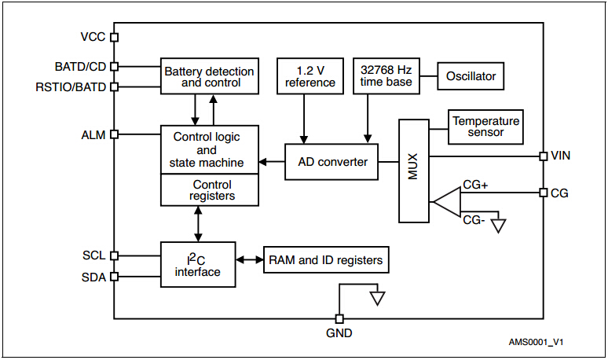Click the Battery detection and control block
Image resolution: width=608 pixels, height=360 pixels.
pyautogui.click(x=209, y=76)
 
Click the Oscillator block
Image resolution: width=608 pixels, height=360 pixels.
pyautogui.click(x=471, y=76)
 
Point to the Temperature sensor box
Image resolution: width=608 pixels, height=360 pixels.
pyautogui.click(x=485, y=127)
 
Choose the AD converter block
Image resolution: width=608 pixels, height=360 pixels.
pyautogui.click(x=332, y=162)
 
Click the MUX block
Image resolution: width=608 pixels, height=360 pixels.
pyautogui.click(x=414, y=171)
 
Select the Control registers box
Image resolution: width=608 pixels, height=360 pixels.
pyautogui.click(x=209, y=190)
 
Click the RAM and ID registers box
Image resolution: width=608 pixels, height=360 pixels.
pyautogui.click(x=325, y=260)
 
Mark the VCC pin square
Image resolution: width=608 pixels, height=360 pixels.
pyautogui.click(x=114, y=37)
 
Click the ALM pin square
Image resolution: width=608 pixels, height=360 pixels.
pyautogui.click(x=114, y=134)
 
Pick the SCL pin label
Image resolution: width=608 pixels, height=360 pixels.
pyautogui.click(x=94, y=255)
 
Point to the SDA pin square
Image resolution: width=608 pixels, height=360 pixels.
pyautogui.click(x=114, y=277)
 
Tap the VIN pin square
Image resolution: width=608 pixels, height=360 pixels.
pyautogui.click(x=543, y=156)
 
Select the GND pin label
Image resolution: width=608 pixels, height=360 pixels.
pyautogui.click(x=339, y=333)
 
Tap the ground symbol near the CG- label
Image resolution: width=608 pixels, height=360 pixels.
pyautogui.click(x=496, y=226)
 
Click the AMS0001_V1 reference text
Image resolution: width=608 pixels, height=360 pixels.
pyautogui.click(x=536, y=343)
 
